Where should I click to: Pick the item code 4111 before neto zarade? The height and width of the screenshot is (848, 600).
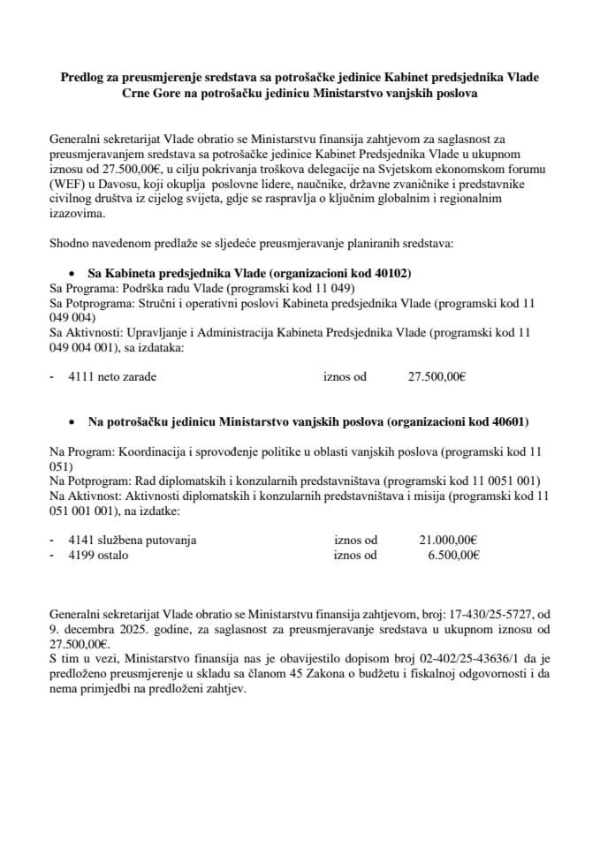tap(80, 375)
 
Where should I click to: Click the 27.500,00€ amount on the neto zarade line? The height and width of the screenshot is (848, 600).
tap(437, 375)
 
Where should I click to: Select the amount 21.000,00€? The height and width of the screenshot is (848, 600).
tap(448, 540)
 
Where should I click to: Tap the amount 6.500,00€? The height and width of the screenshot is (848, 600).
tap(452, 555)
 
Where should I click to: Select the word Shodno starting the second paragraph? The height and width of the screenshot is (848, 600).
tap(68, 242)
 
